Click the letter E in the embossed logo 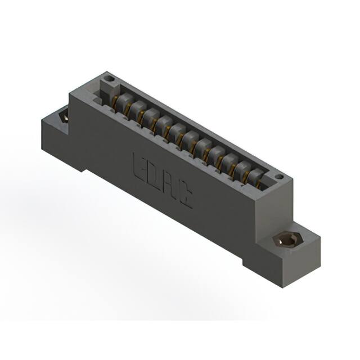point(139,165)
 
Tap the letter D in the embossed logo point(154,177)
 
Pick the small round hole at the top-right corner point(278,178)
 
